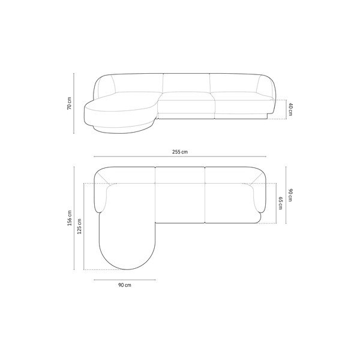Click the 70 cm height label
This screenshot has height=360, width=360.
[70, 103]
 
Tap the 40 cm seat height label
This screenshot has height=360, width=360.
[290, 110]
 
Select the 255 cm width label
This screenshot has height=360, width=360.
[180, 152]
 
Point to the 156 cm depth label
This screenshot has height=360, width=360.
[70, 218]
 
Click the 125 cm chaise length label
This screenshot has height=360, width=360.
[79, 226]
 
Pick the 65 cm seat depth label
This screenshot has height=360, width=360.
[280, 203]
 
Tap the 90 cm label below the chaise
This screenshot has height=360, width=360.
[125, 285]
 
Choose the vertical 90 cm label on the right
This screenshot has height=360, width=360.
[290, 195]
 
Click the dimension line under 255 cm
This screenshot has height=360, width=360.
[180, 157]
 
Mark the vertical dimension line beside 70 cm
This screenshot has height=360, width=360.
[74, 103]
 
